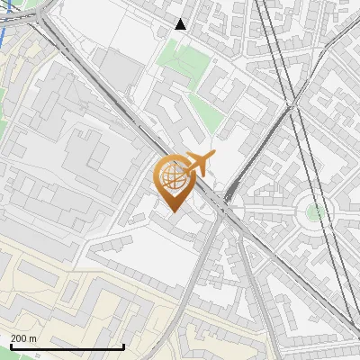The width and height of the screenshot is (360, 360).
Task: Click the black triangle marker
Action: tap(181, 24)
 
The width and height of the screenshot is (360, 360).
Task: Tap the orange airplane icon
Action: tap(197, 165)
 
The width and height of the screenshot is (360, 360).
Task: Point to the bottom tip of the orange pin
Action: tap(174, 211)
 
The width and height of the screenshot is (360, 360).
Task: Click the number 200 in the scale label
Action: tap(19, 338)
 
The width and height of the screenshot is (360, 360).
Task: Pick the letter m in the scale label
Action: tap(33, 338)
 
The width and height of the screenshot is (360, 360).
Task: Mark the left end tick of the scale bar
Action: tap(11, 346)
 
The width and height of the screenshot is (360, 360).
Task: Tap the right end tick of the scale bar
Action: tap(123, 346)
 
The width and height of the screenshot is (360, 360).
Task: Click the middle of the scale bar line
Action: tap(67, 347)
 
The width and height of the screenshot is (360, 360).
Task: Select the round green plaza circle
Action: tap(315, 212)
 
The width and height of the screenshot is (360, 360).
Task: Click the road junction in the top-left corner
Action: tap(36, 18)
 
